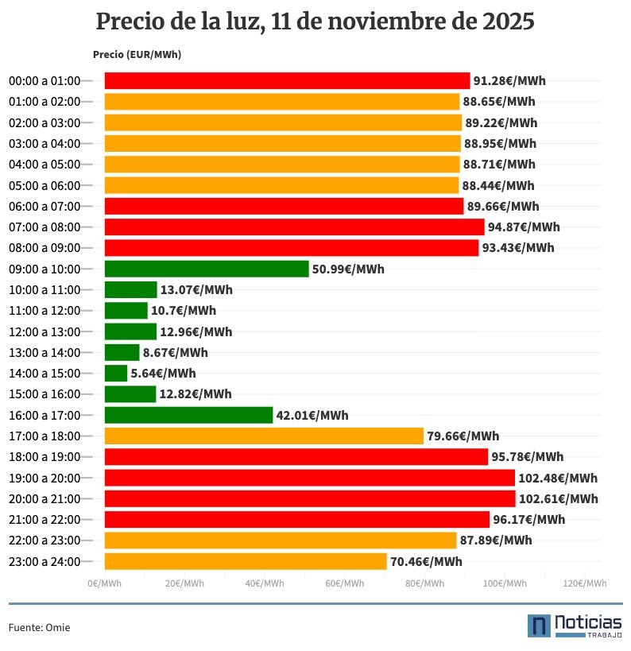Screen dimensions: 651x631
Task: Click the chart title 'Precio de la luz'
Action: pos(315,21)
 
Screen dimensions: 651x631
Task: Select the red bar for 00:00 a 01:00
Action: pos(287,80)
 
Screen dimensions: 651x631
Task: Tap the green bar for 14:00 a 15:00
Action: pos(116,373)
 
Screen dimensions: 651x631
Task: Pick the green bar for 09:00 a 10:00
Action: pos(207,269)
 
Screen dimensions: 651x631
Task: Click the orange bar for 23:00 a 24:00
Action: pos(246,561)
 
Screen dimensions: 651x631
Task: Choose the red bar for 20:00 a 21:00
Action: pos(310,498)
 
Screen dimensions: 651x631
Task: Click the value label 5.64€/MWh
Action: pos(163,373)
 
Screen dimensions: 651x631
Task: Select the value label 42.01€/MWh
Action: pos(312,415)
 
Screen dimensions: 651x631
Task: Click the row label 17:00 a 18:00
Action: pos(45,436)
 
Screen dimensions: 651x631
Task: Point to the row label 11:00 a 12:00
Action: pos(45,311)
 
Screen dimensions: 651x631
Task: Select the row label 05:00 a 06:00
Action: pos(45,185)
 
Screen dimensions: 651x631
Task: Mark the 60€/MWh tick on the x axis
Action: pos(345,583)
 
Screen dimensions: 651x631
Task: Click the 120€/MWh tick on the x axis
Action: pos(586,583)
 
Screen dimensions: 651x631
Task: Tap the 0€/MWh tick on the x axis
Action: pos(104,583)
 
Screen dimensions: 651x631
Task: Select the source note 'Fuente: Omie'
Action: pos(39,627)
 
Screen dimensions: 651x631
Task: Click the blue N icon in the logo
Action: pos(539,626)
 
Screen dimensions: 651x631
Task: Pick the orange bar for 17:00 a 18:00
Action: pos(264,436)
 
